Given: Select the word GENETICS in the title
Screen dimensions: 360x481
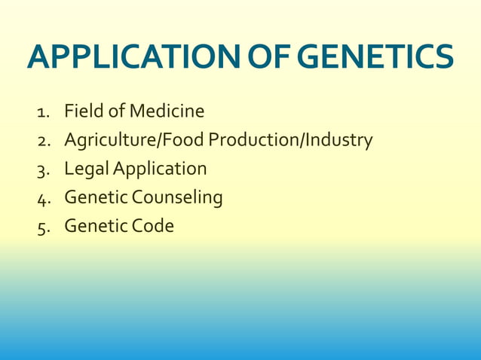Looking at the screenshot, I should click(x=375, y=57).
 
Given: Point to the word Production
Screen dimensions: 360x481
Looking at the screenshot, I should click(x=254, y=140).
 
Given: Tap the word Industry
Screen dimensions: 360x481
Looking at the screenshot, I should click(x=339, y=141).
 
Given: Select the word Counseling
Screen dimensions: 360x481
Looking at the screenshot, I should click(x=177, y=198).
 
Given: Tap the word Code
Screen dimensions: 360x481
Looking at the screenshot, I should click(x=153, y=226).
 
